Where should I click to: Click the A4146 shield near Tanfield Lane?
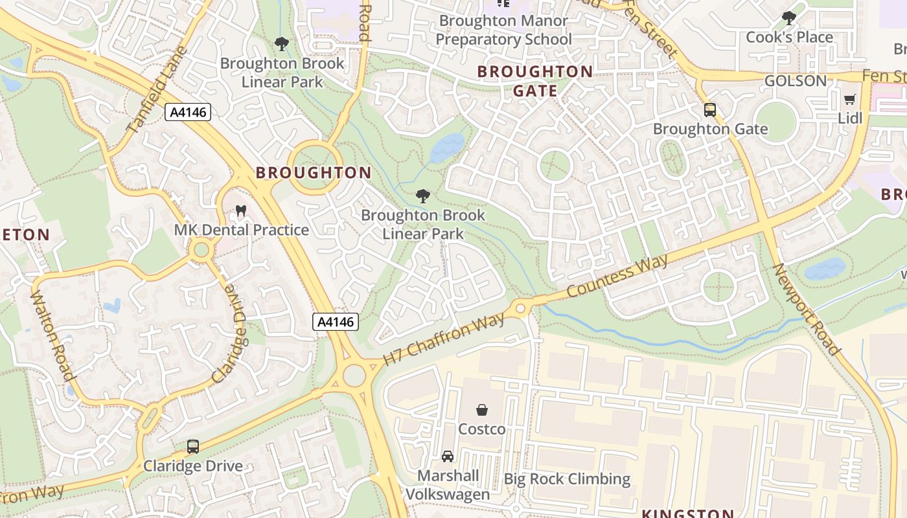(188, 112)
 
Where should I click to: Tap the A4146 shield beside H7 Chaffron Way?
(336, 322)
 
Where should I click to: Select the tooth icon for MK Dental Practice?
(241, 211)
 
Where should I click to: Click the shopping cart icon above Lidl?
(849, 100)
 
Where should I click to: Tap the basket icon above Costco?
(482, 410)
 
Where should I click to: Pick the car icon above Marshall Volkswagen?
(448, 456)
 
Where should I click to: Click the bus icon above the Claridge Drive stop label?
(193, 446)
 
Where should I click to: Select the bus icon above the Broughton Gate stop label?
(710, 110)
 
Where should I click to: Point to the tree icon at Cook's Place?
(788, 18)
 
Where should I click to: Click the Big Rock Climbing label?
(567, 479)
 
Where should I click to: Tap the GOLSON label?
(796, 81)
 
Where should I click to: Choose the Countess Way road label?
(617, 276)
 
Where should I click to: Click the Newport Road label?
(807, 310)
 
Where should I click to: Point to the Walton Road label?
(52, 335)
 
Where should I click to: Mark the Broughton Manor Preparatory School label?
(503, 30)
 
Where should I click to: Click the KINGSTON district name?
(687, 513)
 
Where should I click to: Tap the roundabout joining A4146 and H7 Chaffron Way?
(354, 375)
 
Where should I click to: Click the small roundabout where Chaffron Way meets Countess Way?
(520, 308)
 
